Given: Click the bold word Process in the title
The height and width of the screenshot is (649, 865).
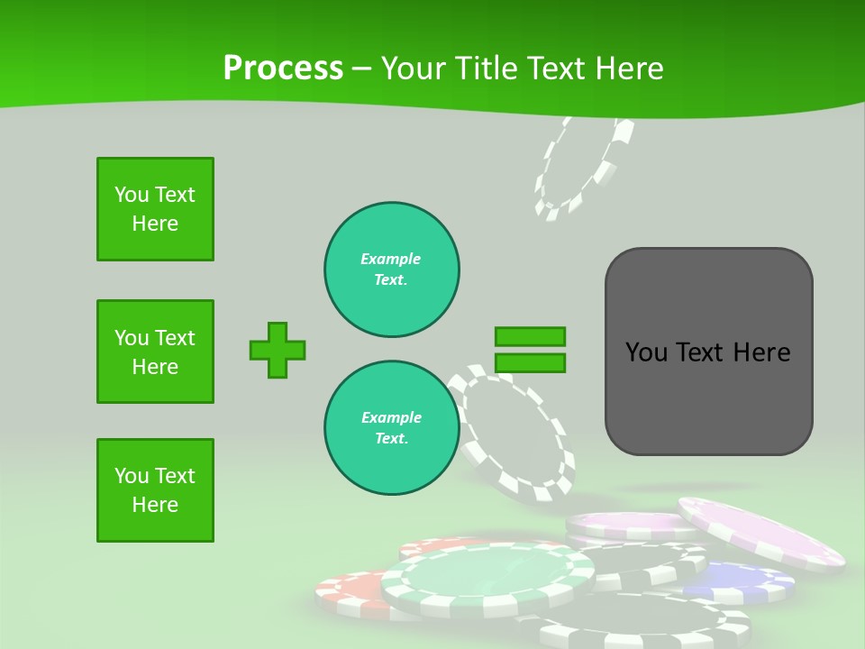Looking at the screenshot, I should (x=283, y=68).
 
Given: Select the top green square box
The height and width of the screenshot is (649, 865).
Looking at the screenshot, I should (x=155, y=209).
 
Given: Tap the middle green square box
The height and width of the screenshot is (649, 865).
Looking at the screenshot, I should (x=155, y=352).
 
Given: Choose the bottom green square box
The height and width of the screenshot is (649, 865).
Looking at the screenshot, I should (x=155, y=490).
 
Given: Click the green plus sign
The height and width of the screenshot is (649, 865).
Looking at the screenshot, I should (x=278, y=350).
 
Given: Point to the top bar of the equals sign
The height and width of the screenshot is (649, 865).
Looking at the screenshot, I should (x=530, y=336).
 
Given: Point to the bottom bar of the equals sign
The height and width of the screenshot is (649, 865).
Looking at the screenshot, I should (x=530, y=362).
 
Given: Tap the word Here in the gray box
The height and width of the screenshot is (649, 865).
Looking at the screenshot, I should (x=762, y=352).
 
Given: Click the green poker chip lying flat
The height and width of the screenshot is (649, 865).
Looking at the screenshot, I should (x=487, y=577).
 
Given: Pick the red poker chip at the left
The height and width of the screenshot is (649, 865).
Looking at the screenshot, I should (x=351, y=590).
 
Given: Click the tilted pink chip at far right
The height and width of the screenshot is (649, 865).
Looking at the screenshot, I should (x=761, y=532).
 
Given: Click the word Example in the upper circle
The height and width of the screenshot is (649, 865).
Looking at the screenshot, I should (x=390, y=259).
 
